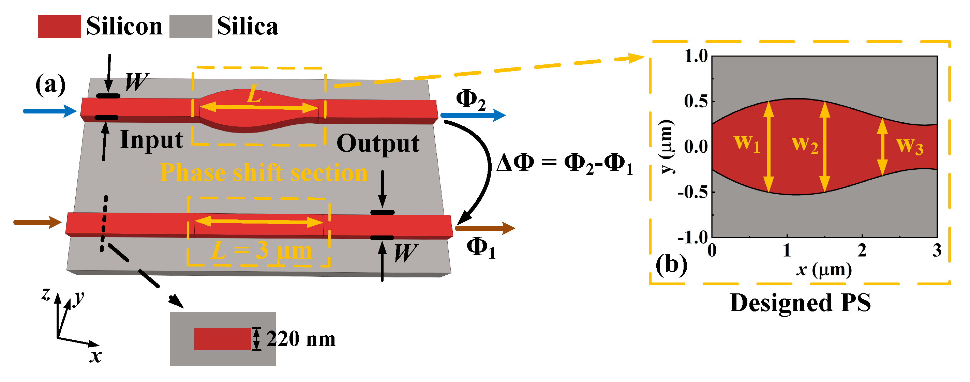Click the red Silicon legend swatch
click(x=59, y=26)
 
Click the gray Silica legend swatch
click(x=191, y=26)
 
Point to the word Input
click(x=151, y=140)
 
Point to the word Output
click(x=378, y=144)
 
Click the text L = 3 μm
click(x=262, y=251)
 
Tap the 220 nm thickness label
click(x=300, y=339)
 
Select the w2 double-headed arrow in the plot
click(x=825, y=147)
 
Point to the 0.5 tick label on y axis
click(x=696, y=101)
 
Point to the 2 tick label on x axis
click(x=862, y=251)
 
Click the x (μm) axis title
click(x=824, y=270)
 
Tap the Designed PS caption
click(x=800, y=303)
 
